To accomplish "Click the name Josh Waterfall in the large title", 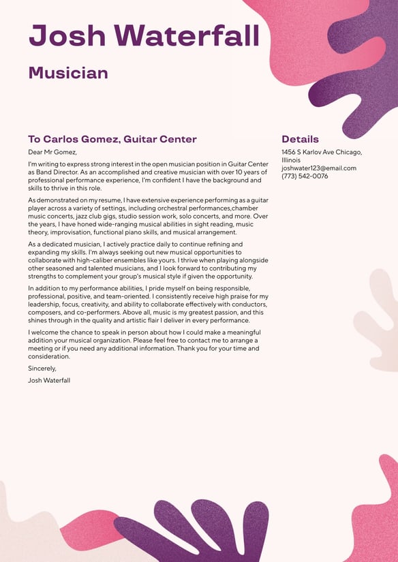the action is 144,35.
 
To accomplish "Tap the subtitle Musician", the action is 68,73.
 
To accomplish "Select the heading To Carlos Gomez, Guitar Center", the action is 112,139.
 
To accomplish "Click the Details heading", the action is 300,139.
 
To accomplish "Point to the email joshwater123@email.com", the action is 319,168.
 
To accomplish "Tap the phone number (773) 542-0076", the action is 305,176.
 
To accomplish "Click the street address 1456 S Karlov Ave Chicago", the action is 322,152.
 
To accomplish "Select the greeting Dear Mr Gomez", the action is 52,152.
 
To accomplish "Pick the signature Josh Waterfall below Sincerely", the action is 49,380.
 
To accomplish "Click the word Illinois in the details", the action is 291,160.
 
